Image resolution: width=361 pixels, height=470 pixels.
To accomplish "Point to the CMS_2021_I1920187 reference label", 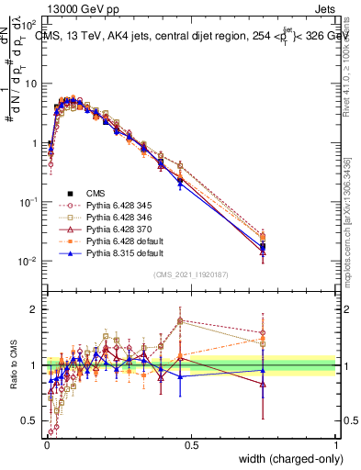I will [x=191, y=274].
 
